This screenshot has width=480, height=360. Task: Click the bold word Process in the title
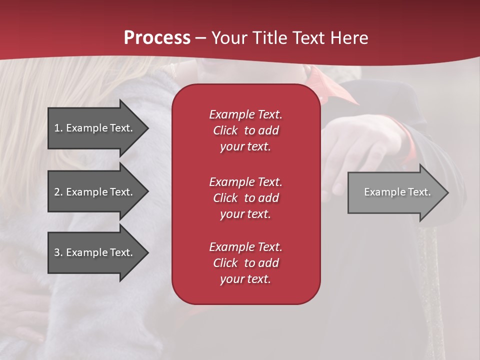pyautogui.click(x=157, y=38)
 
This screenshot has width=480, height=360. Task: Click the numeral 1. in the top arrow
pyautogui.click(x=58, y=128)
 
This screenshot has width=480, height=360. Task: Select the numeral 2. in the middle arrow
pyautogui.click(x=58, y=192)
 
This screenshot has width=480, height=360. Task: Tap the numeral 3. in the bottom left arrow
pyautogui.click(x=58, y=252)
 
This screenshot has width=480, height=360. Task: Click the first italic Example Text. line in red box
pyautogui.click(x=245, y=114)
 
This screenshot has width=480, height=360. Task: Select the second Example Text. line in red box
pyautogui.click(x=245, y=181)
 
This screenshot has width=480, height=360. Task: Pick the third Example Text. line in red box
pyautogui.click(x=245, y=247)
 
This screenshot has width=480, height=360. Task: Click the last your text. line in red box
pyautogui.click(x=245, y=279)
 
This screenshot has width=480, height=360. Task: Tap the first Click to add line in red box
pyautogui.click(x=245, y=130)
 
